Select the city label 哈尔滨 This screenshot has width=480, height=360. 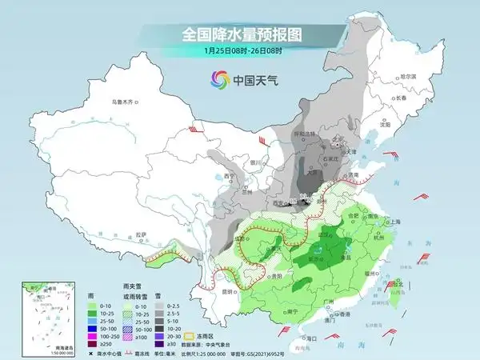click(407, 75)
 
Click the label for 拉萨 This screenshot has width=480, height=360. click(141, 234)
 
